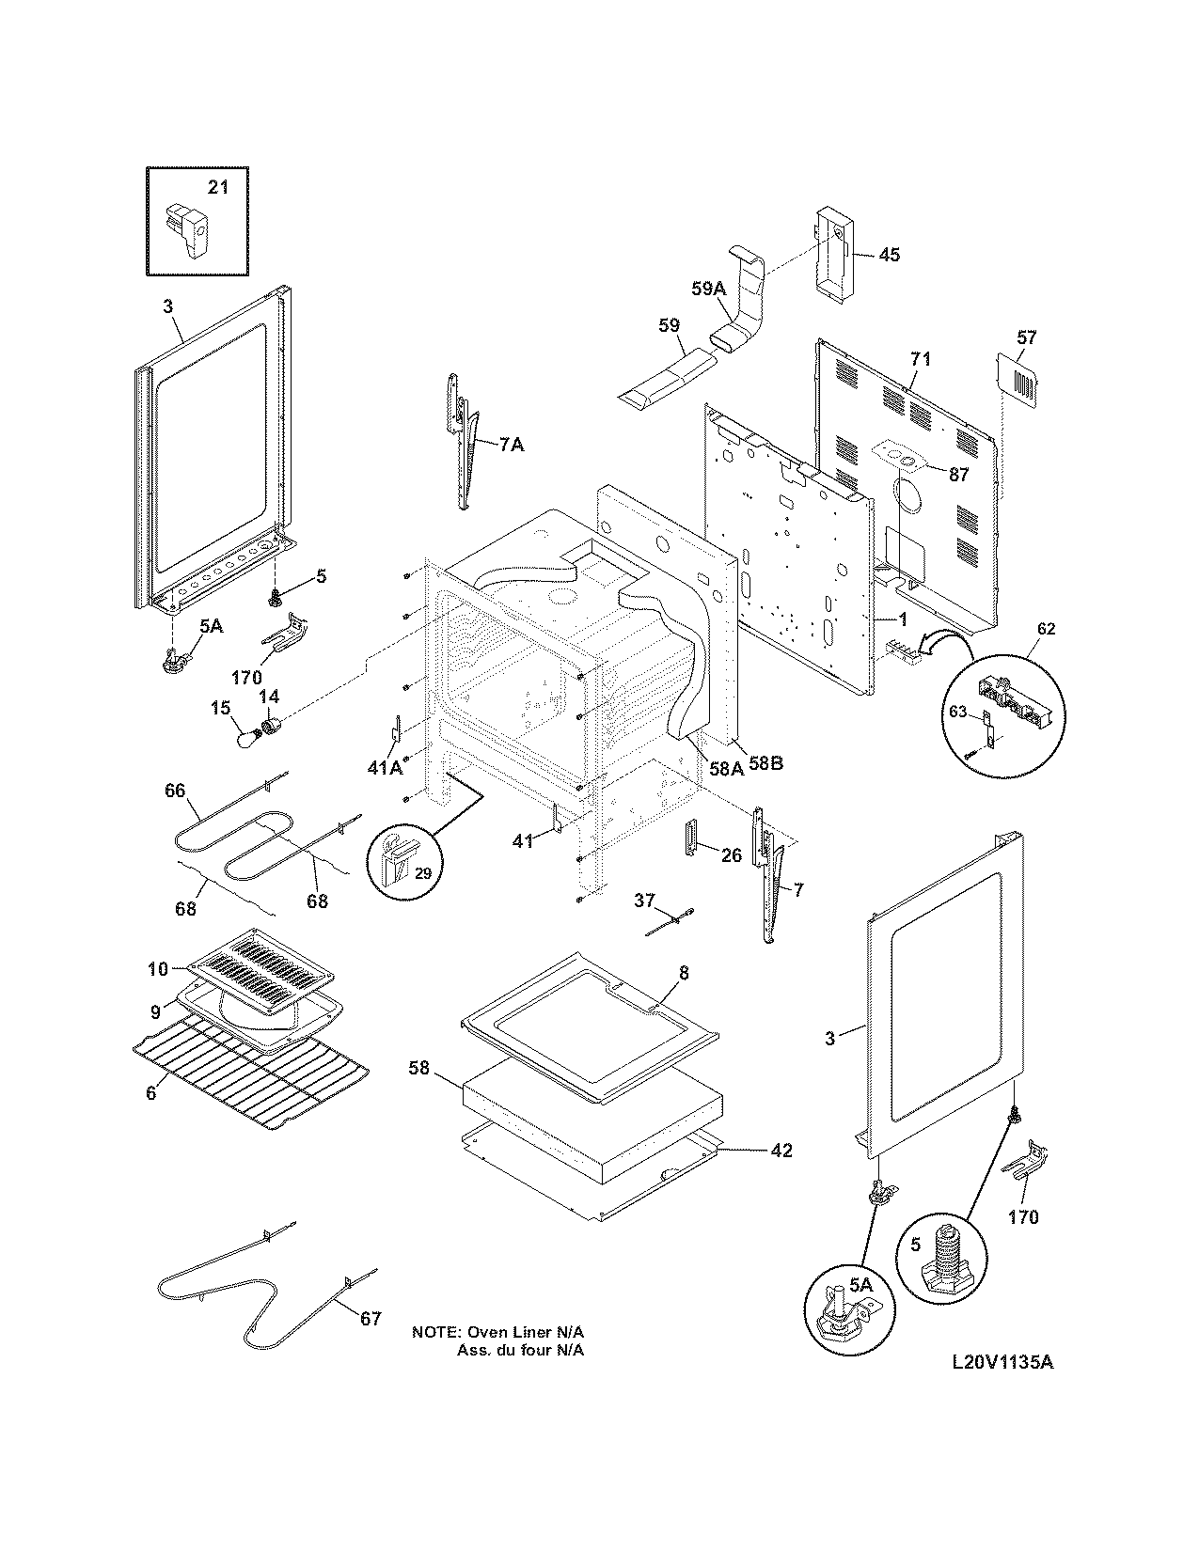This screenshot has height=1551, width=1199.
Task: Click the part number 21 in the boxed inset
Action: [x=217, y=187]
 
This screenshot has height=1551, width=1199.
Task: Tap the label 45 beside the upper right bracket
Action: [x=889, y=255]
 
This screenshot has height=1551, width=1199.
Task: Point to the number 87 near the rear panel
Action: [x=958, y=475]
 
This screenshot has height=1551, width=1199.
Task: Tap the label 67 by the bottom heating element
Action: [x=371, y=1318]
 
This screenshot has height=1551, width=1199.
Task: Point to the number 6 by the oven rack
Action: [x=150, y=1093]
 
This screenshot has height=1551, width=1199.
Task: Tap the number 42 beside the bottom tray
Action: [x=781, y=1150]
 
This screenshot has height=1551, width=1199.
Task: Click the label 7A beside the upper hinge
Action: [x=511, y=445]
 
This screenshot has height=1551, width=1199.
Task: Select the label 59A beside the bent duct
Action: [x=709, y=290]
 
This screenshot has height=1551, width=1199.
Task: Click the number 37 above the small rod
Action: [x=644, y=901]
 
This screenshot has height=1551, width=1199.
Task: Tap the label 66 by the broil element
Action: [x=175, y=791]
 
